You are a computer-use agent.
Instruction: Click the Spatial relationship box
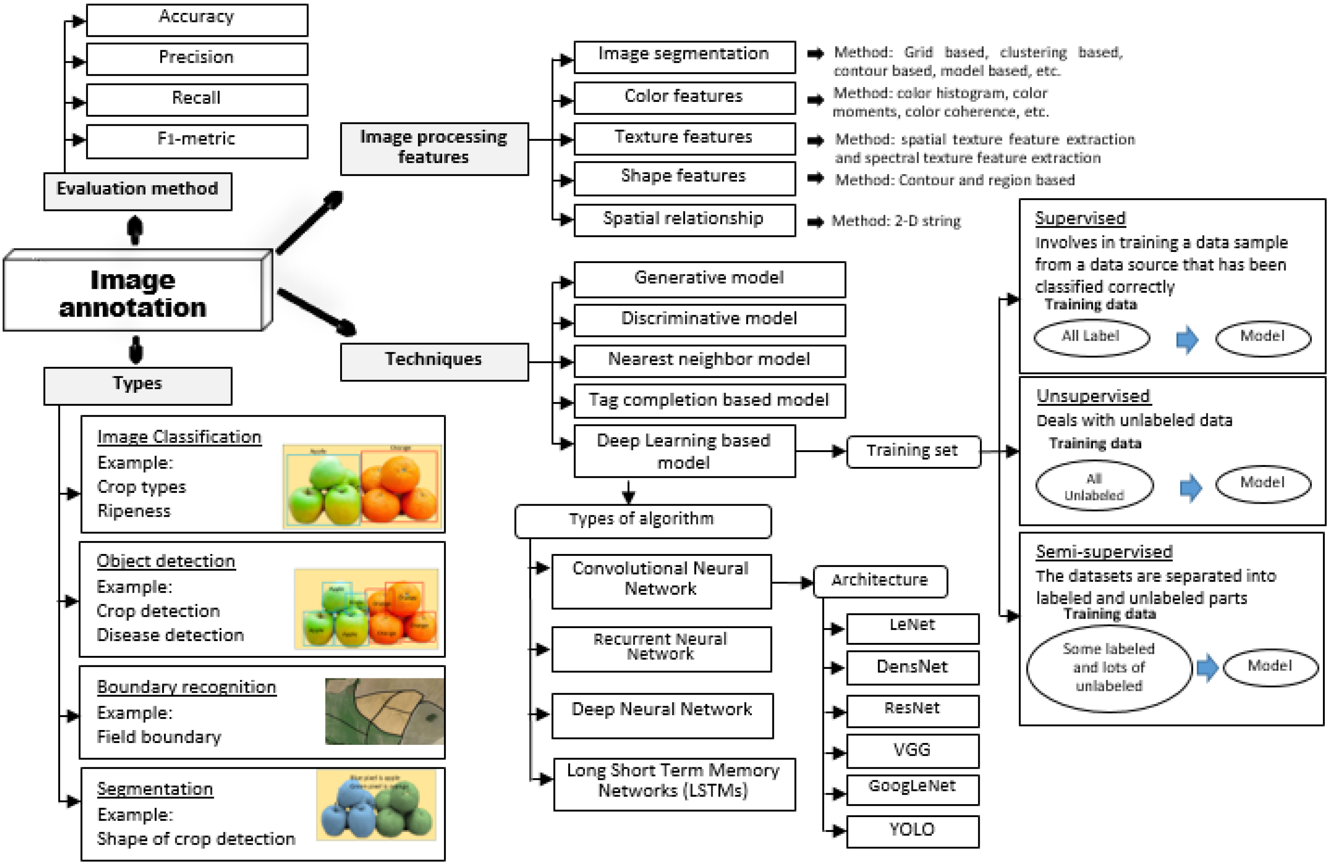click(684, 220)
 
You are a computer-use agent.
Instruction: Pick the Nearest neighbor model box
click(709, 360)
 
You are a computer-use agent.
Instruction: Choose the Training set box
click(913, 451)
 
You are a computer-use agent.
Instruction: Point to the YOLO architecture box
click(912, 831)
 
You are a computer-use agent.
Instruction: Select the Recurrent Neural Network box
click(661, 649)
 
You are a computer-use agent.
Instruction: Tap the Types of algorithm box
click(642, 521)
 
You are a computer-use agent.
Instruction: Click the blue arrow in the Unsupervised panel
click(1191, 487)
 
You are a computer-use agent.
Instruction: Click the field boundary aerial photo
click(385, 711)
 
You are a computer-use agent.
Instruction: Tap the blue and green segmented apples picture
click(376, 805)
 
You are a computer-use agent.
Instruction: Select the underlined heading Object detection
click(166, 562)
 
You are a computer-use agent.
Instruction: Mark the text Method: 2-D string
click(896, 222)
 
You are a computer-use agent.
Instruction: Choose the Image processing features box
click(434, 148)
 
